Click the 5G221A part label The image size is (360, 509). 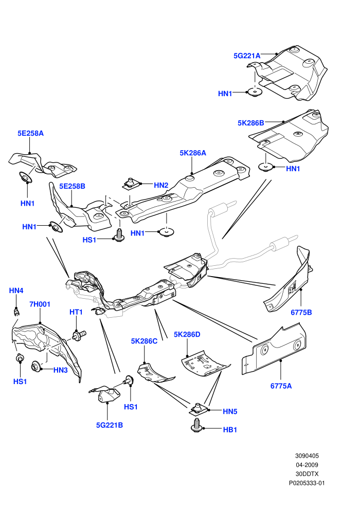247,56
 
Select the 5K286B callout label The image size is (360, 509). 250,123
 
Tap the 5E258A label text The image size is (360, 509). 30,133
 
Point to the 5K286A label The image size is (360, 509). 193,153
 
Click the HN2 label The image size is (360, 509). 161,186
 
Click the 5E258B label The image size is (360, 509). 72,186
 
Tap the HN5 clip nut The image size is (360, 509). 197,410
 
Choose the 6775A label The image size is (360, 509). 281,386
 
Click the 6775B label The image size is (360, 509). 301,312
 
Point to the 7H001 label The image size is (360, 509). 40,304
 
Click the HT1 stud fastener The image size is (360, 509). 79,335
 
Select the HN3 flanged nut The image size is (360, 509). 35,367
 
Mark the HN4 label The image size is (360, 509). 16,290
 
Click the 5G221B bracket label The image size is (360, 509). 110,425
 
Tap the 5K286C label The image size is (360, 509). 144,341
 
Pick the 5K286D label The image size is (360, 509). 187,334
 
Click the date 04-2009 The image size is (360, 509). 307,465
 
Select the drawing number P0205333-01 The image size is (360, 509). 307,483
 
